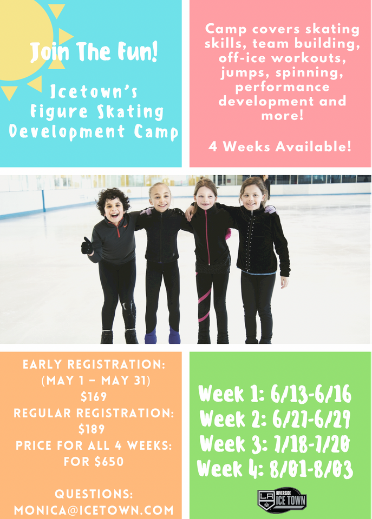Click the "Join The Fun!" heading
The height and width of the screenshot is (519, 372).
coord(94,52)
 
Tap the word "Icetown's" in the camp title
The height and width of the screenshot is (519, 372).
coord(94,91)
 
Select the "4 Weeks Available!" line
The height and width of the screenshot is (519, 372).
coord(280,147)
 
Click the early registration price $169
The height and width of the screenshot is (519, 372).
coord(94,396)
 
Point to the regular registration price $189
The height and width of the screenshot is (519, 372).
coord(92,429)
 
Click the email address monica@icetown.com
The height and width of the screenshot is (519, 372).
coord(94,510)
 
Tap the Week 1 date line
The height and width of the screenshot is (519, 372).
coord(275,394)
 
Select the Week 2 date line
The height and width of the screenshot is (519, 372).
coord(275,418)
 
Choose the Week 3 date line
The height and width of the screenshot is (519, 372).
coord(275,443)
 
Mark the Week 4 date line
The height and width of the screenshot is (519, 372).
coord(275,469)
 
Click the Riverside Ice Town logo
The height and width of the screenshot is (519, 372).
coord(282,500)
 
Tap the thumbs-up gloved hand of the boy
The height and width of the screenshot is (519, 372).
coord(87,246)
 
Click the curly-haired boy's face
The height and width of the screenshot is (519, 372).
coord(113,211)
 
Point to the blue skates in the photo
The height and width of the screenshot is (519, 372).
coord(162,336)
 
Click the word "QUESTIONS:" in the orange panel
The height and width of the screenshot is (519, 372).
coord(94,494)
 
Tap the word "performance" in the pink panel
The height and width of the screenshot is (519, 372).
coord(283,87)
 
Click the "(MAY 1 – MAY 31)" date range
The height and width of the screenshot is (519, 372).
coord(96,381)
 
